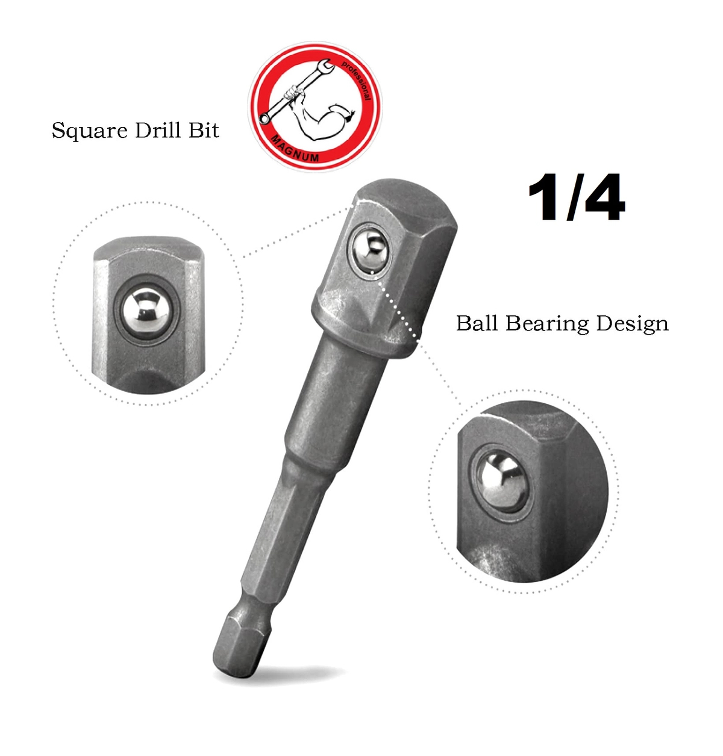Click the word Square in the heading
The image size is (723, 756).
[89, 131]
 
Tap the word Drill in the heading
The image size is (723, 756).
[158, 130]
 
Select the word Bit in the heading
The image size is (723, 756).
[204, 130]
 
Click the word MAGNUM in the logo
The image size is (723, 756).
[295, 149]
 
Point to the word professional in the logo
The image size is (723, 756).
[357, 79]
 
